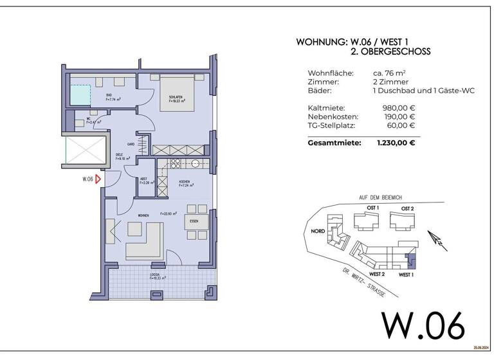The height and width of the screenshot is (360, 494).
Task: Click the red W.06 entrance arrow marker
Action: (x=98, y=180)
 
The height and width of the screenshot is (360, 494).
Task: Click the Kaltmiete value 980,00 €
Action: (x=398, y=108)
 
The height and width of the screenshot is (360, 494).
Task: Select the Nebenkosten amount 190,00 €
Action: (x=398, y=117)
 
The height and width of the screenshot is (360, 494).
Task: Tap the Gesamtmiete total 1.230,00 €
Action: (x=396, y=143)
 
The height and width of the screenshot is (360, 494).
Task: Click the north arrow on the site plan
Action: (x=438, y=241)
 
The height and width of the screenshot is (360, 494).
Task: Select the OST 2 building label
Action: (x=408, y=209)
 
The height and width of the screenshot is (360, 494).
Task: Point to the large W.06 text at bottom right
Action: (x=423, y=326)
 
